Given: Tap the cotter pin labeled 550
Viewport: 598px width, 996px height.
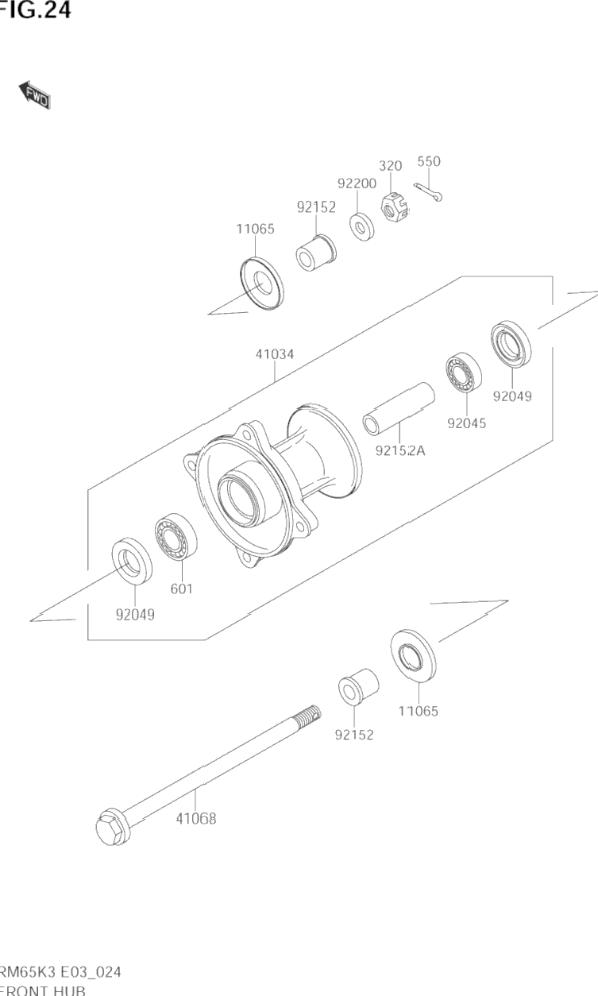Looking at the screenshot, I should click(429, 191).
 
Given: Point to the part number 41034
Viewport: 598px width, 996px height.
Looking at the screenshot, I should click(274, 354).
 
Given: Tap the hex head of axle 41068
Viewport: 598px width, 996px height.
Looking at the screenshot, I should click(110, 828).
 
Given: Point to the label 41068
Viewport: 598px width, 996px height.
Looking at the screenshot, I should click(195, 818).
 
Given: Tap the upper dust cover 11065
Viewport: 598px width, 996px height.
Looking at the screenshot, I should click(260, 281).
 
